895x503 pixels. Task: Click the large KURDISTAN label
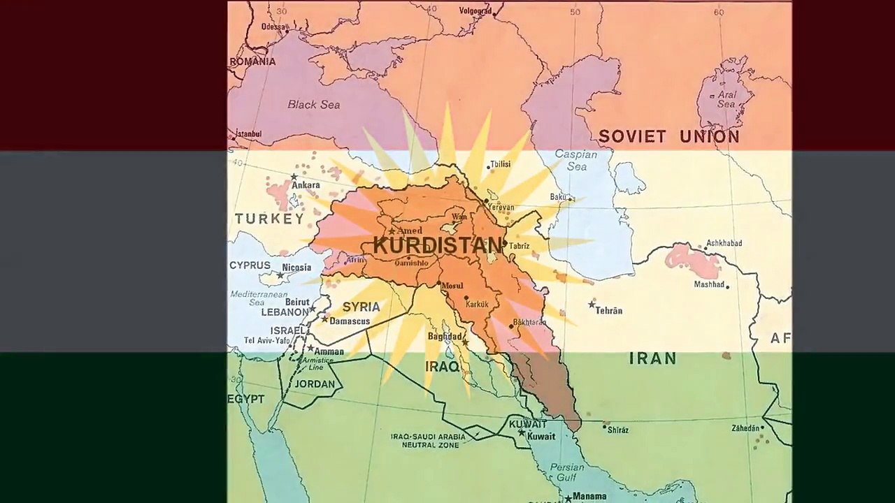437,245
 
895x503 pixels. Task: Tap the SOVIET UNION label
668,136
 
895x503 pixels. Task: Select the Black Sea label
313,105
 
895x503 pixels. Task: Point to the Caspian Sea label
571,160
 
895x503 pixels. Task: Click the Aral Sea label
726,99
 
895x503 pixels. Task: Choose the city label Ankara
306,185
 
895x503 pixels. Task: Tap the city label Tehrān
608,310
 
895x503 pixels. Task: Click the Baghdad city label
445,337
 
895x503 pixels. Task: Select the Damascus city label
350,321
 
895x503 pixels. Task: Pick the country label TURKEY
269,219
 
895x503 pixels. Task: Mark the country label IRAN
652,358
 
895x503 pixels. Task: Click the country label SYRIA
361,307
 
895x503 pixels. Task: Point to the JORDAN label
315,384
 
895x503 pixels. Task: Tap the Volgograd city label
475,11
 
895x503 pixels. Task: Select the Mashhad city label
709,284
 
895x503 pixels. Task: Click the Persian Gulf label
567,472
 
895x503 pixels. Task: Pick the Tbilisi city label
500,164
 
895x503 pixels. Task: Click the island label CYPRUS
250,265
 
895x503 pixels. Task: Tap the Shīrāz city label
618,430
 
